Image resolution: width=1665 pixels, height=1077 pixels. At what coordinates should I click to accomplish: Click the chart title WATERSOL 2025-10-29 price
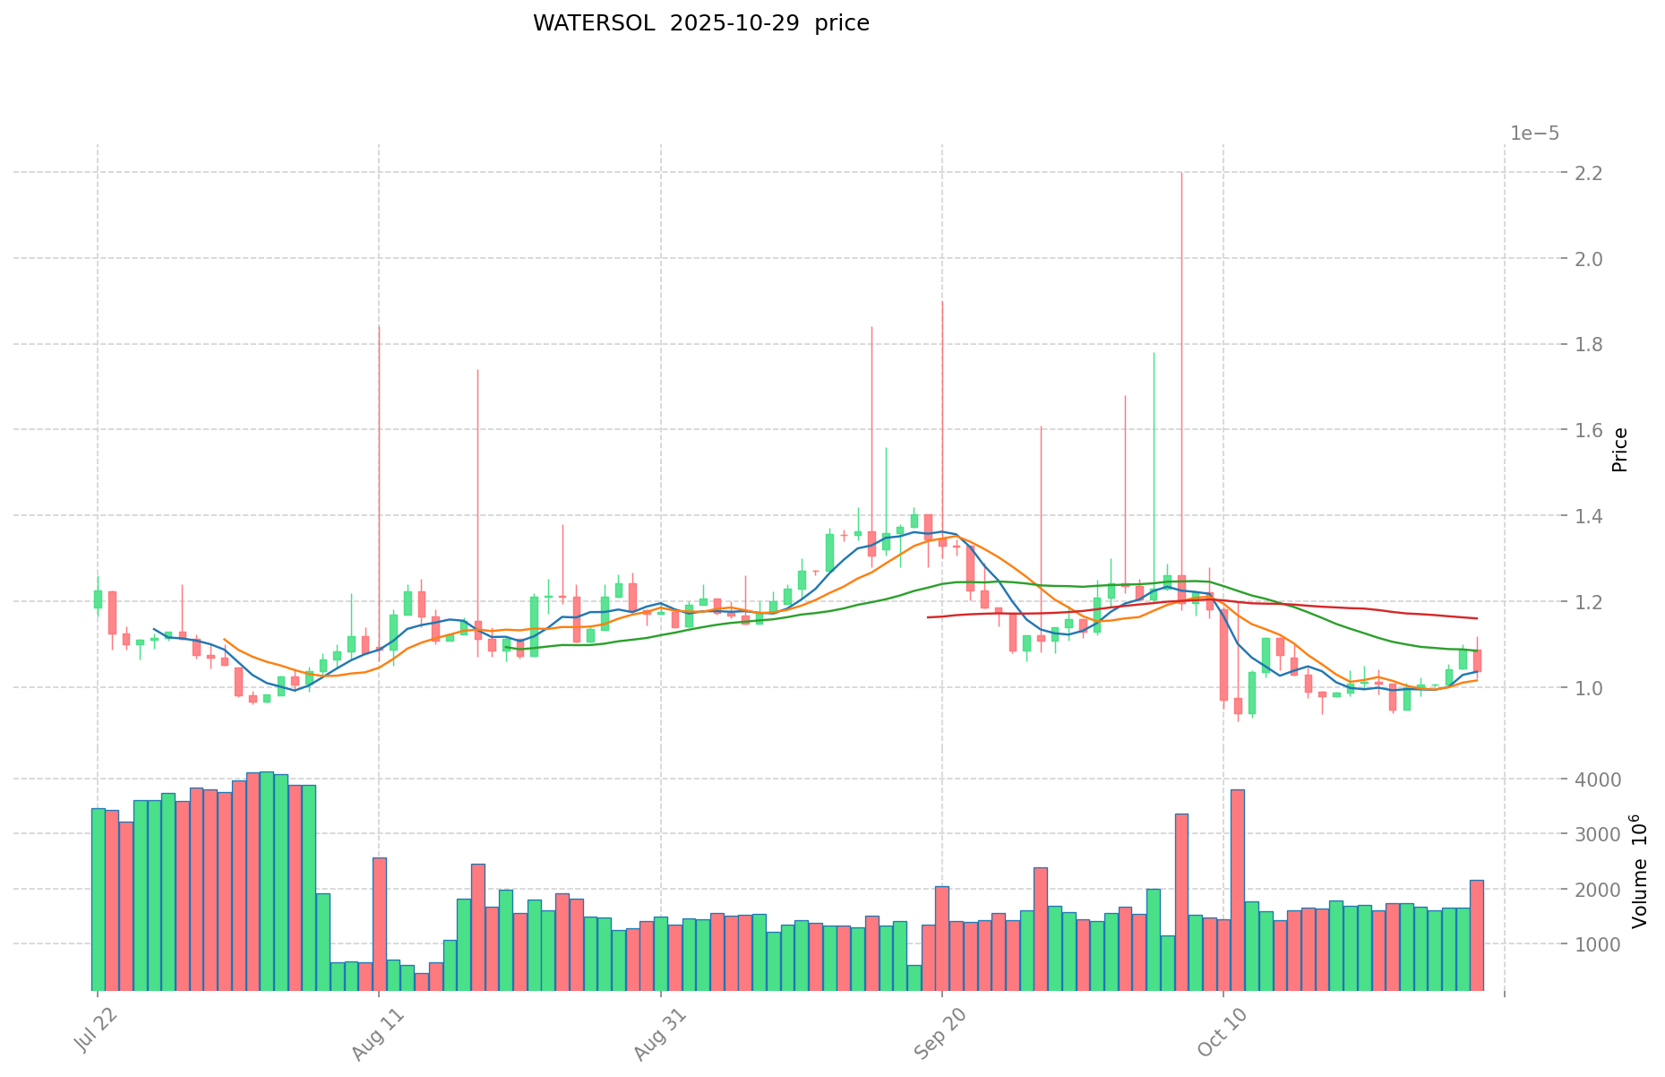pyautogui.click(x=700, y=23)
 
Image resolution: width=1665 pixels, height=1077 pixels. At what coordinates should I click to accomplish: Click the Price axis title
pyautogui.click(x=1619, y=450)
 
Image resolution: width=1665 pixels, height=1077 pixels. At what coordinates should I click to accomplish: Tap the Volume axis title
pyautogui.click(x=1638, y=871)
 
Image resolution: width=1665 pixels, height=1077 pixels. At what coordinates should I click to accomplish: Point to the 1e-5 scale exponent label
pyautogui.click(x=1534, y=134)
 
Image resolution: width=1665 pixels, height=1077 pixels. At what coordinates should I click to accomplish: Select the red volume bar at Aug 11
pyautogui.click(x=380, y=923)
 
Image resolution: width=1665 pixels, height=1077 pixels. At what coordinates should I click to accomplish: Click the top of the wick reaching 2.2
pyautogui.click(x=1181, y=173)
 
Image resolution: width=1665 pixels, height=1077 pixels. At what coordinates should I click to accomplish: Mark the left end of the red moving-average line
pyautogui.click(x=928, y=617)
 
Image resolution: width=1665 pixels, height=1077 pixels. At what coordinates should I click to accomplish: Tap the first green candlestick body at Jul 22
pyautogui.click(x=98, y=599)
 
